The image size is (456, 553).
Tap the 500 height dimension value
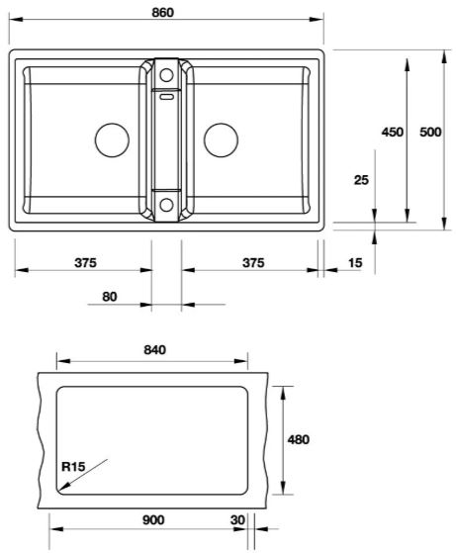coord(430,132)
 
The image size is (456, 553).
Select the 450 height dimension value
coord(393,132)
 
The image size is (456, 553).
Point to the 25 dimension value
coord(361,179)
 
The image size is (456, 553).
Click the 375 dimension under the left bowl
coord(84,263)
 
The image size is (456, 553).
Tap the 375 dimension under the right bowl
coord(253,263)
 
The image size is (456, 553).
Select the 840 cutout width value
coord(153,349)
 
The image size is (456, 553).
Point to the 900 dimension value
coord(152,519)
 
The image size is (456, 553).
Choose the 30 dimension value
coord(235,519)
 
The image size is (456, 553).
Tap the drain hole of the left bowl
coord(111,138)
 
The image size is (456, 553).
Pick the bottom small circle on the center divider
coord(166,206)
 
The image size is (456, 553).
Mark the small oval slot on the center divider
coord(166,97)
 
